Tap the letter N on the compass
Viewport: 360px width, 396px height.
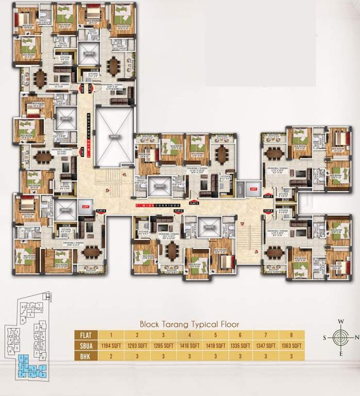click(356, 338)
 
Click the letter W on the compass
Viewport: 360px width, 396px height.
click(340, 321)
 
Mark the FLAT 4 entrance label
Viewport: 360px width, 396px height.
click(100, 211)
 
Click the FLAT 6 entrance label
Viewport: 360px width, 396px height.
click(178, 211)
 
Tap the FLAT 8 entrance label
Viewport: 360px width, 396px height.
click(268, 211)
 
